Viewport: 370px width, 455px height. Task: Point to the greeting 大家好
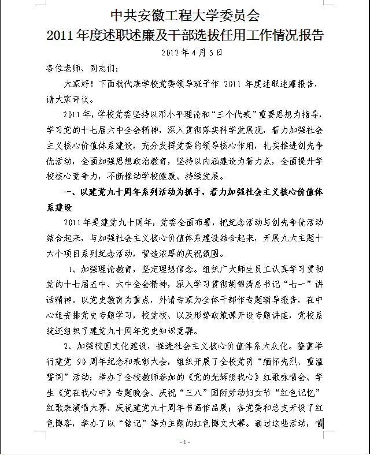point(78,84)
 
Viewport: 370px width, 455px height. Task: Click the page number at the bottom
point(184,442)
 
